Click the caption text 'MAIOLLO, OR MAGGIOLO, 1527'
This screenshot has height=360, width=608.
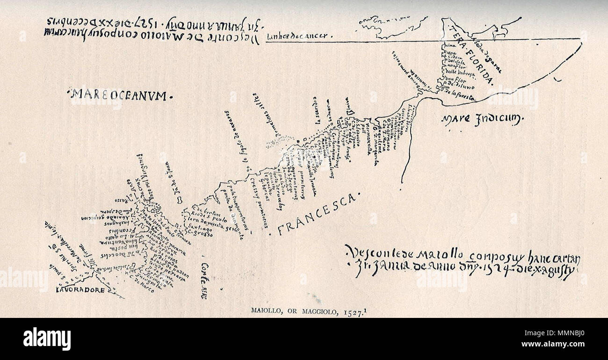(x=304, y=310)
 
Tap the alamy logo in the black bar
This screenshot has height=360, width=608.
(x=47, y=338)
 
